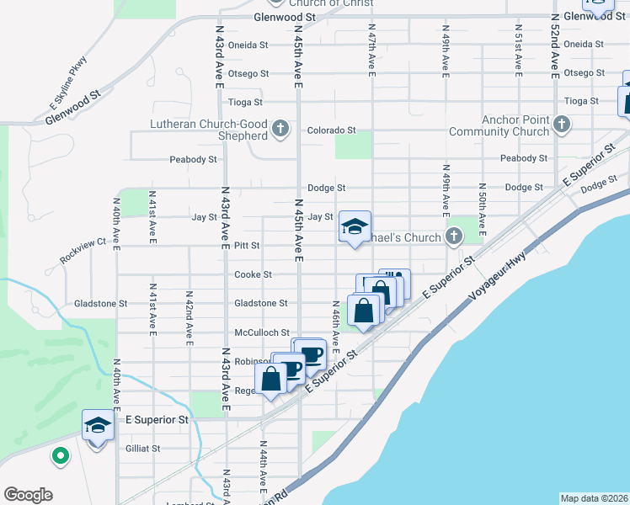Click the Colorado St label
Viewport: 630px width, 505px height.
pyautogui.click(x=331, y=130)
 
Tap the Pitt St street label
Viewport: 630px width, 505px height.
pyautogui.click(x=247, y=246)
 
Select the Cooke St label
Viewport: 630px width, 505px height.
pyautogui.click(x=253, y=274)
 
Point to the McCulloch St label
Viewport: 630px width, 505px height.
pyautogui.click(x=262, y=332)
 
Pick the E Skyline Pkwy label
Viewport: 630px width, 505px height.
pyautogui.click(x=68, y=83)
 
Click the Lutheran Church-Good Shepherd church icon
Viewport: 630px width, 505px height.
pyautogui.click(x=281, y=130)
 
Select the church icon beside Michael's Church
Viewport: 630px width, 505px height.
pyautogui.click(x=454, y=237)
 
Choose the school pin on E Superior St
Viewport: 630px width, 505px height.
pyautogui.click(x=98, y=425)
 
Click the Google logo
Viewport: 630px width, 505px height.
pyautogui.click(x=28, y=495)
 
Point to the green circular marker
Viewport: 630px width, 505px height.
pyautogui.click(x=60, y=457)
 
